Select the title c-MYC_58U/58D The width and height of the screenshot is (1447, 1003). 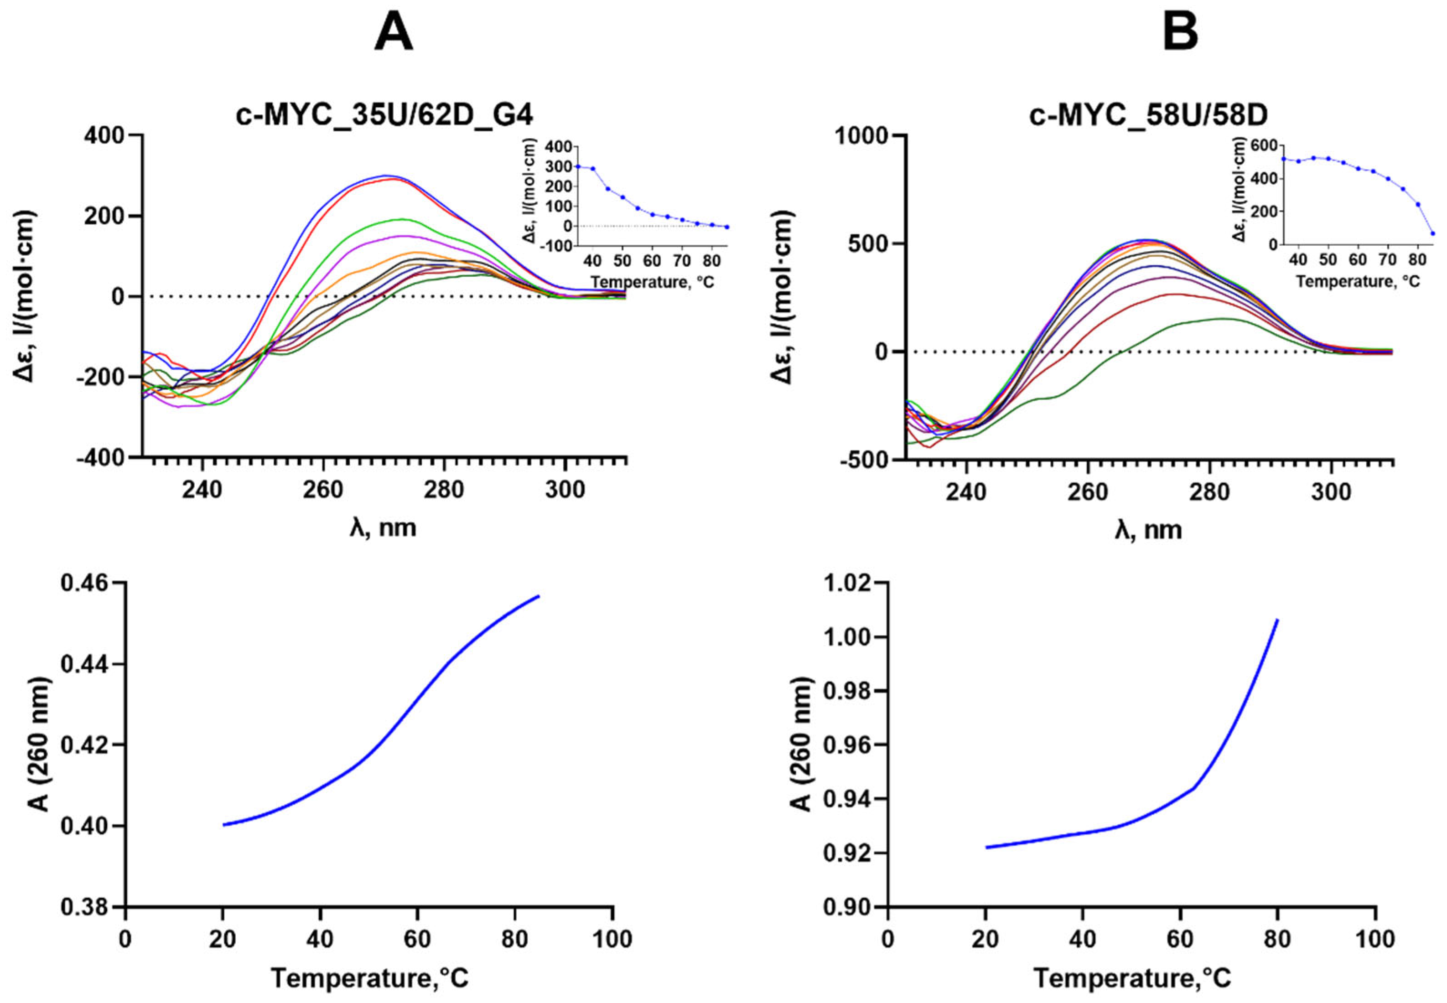coord(1148,116)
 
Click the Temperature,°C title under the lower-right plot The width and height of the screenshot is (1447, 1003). coord(1131,978)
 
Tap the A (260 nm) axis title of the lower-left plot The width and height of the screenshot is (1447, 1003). coord(39,744)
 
